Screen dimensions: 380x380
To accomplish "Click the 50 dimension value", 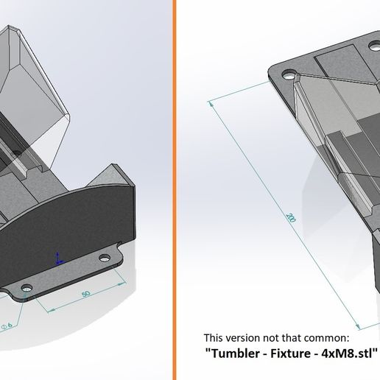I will [85, 294].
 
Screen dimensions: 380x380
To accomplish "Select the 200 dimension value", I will [292, 218].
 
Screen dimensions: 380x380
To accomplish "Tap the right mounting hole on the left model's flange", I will [105, 258].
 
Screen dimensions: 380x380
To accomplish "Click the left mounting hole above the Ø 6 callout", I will [28, 288].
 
